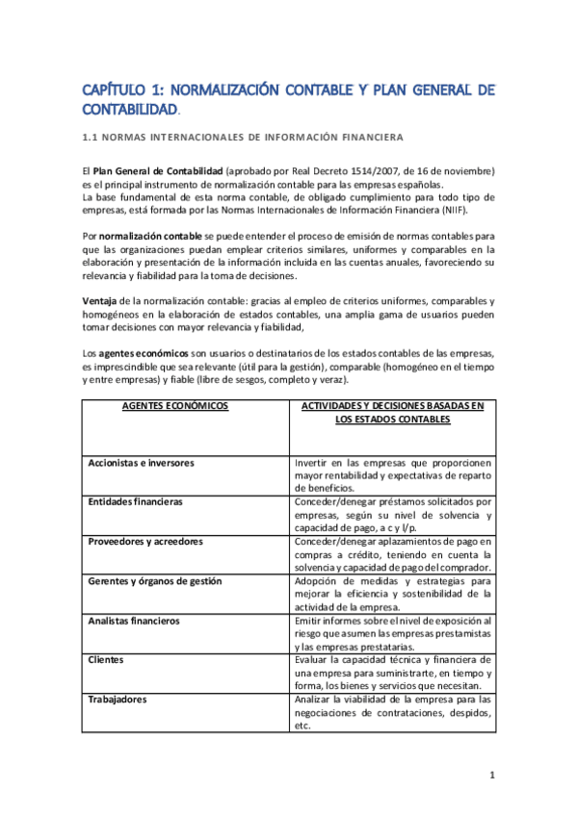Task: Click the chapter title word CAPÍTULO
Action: point(113,90)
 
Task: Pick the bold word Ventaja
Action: point(99,301)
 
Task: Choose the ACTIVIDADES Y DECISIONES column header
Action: point(393,406)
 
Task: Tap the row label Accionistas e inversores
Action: point(141,463)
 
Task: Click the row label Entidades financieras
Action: point(135,502)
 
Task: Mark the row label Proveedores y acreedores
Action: point(145,542)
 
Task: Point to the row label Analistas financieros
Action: point(134,621)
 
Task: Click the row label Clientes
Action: point(107,660)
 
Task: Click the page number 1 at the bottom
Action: point(491,775)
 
